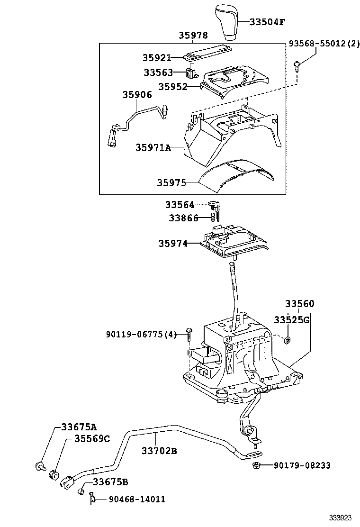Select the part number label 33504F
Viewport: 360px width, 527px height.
tap(268, 22)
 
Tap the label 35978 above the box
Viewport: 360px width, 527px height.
tap(193, 36)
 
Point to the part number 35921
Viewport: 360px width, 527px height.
tap(156, 57)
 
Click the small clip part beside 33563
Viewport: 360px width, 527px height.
tap(191, 73)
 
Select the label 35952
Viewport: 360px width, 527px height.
tap(172, 87)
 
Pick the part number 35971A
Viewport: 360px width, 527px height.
tap(153, 147)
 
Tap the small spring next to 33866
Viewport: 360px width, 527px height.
tap(213, 218)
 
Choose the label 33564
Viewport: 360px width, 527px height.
tap(180, 205)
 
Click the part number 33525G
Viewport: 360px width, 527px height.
tap(292, 320)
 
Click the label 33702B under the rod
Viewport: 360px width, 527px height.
tap(159, 451)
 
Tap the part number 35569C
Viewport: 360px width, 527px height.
tap(92, 438)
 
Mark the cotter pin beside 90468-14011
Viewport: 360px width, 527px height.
tap(93, 498)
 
